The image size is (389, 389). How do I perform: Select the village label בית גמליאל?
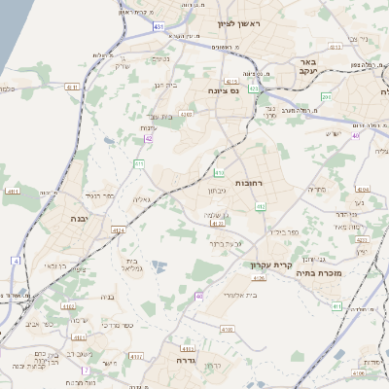[x=133, y=265]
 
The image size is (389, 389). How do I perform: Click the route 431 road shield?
[x=159, y=27]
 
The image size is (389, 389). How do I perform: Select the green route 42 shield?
[x=148, y=140]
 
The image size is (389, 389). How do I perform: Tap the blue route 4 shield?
[x=16, y=260]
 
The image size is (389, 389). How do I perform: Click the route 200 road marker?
[x=327, y=97]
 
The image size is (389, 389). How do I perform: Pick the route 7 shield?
[x=86, y=370]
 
